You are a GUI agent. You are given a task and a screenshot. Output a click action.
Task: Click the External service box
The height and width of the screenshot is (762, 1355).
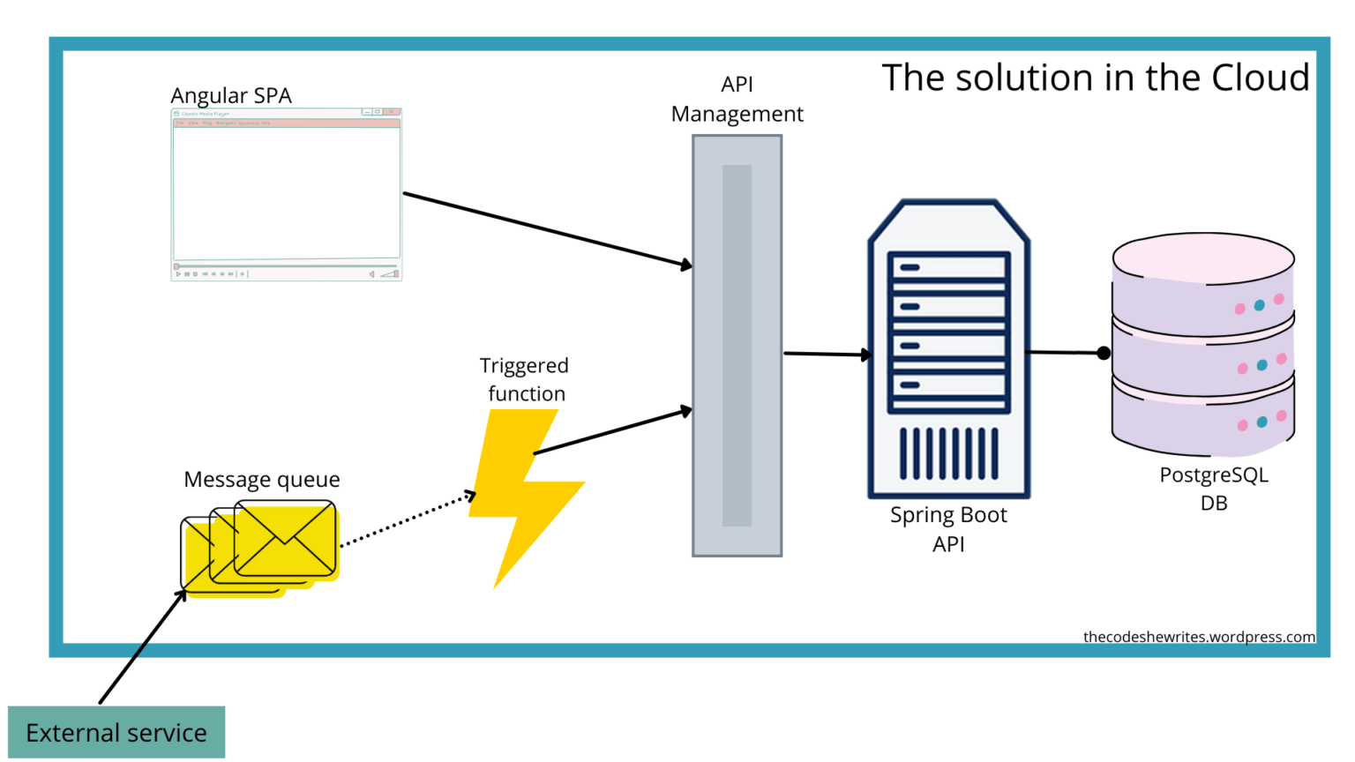116,732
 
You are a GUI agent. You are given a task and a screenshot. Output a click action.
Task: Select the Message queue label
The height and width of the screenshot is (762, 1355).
261,479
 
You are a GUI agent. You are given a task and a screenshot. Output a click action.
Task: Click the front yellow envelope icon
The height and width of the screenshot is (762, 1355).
285,538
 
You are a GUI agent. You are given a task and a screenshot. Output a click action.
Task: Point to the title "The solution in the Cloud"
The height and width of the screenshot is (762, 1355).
1095,78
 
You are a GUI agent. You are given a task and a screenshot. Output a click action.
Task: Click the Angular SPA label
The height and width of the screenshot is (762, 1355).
231,95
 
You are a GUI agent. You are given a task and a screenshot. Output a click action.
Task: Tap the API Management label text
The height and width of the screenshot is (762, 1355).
737,99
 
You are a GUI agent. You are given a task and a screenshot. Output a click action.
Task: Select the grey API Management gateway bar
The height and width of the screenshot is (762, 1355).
737,346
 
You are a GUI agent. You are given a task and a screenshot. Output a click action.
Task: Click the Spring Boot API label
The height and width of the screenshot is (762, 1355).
948,528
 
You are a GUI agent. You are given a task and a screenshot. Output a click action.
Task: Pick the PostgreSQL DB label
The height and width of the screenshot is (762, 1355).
1214,489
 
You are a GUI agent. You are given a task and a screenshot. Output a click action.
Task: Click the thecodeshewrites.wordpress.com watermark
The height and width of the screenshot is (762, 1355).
1198,637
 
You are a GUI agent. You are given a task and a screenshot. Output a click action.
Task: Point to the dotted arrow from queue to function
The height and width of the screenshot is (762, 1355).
406,520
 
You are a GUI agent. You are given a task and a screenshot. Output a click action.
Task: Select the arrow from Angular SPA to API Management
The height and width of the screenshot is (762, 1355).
547,229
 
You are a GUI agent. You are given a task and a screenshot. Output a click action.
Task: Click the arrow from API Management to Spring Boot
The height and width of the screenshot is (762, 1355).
826,354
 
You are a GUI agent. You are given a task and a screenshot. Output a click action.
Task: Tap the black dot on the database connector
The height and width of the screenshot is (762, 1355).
1104,353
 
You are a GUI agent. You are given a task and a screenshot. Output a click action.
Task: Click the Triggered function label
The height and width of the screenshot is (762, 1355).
525,379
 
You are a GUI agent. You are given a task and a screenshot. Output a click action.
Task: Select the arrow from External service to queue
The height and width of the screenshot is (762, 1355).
143,646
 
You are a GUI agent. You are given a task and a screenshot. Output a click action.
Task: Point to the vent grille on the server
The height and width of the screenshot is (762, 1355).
949,453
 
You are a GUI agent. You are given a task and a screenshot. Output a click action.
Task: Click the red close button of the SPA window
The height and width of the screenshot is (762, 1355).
393,112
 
